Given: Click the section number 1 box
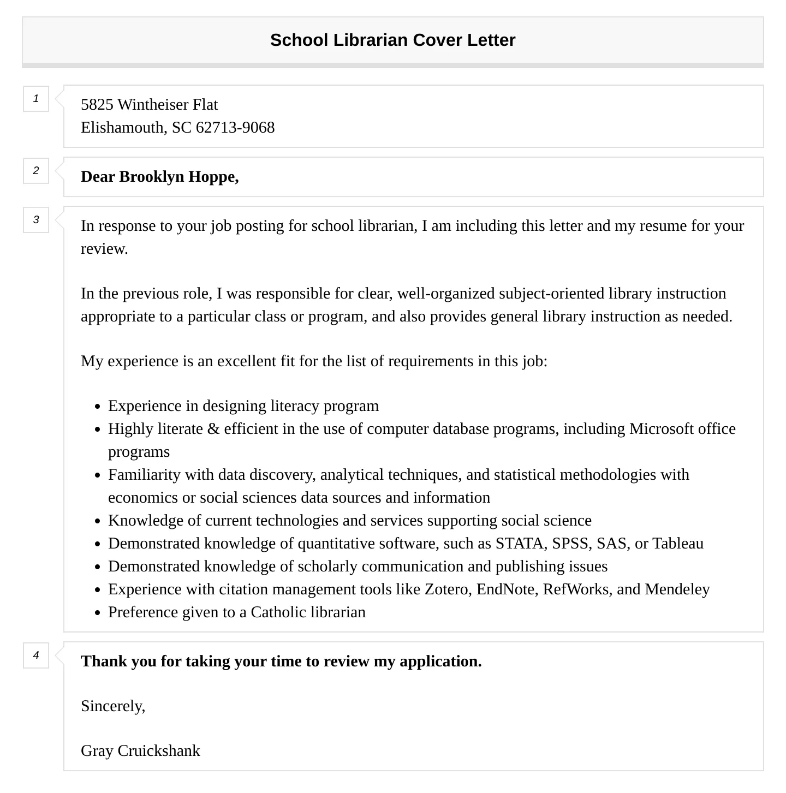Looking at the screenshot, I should (x=36, y=99).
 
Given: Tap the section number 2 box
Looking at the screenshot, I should (x=36, y=171).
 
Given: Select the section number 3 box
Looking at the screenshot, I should (x=36, y=220).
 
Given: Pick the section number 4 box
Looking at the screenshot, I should (x=36, y=655).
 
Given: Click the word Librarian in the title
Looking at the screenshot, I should (x=371, y=40).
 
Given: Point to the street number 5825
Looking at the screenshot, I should (x=97, y=104).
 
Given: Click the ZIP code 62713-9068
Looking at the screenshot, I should (x=235, y=127).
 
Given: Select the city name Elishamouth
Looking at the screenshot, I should (x=123, y=127).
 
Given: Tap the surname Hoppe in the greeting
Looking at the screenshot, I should (x=213, y=177).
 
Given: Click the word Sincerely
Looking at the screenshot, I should (x=112, y=706).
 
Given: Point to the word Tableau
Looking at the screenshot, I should (x=678, y=544).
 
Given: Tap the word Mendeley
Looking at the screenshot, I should (x=677, y=589).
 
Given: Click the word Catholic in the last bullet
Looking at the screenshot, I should (x=278, y=612).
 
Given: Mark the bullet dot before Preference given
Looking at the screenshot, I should (x=97, y=613).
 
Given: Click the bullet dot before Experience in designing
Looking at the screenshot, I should (x=97, y=407).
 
